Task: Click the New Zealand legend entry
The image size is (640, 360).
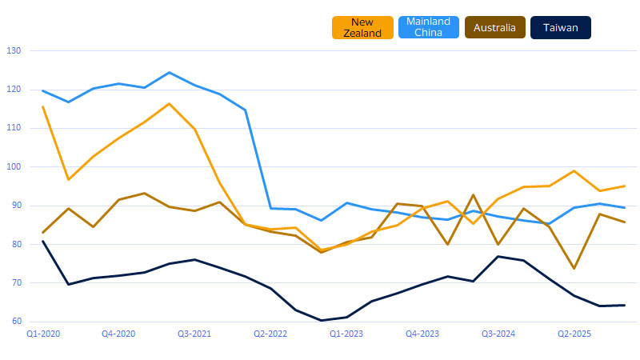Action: click(x=362, y=28)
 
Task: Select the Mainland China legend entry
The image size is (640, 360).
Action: click(x=429, y=28)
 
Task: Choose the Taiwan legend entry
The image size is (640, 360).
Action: click(x=561, y=28)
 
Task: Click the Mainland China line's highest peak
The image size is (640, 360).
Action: click(x=169, y=73)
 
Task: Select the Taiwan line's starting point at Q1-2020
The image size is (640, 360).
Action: click(x=42, y=241)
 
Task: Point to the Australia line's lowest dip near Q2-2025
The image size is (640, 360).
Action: click(x=574, y=269)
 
